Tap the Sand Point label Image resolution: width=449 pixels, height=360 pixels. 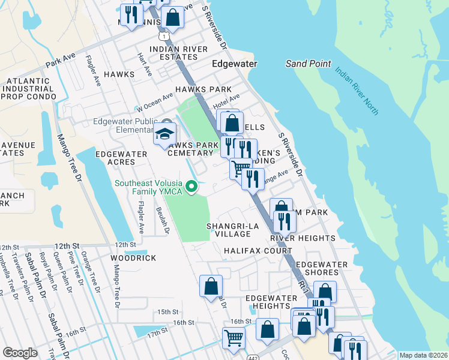coord(308,63)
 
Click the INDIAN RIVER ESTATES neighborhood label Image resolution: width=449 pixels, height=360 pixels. coord(173,53)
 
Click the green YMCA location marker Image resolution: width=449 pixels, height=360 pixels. coord(191,187)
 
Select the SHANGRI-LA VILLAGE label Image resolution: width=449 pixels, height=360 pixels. coord(228,230)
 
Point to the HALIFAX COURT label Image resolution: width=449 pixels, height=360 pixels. coord(258,251)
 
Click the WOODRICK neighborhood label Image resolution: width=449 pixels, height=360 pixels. coord(133,258)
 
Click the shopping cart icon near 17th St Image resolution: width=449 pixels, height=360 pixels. coord(233,337)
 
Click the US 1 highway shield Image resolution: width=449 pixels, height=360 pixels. coord(163,37)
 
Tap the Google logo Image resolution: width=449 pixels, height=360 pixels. coord(20,353)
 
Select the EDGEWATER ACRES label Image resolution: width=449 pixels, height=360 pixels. coord(121,158)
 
